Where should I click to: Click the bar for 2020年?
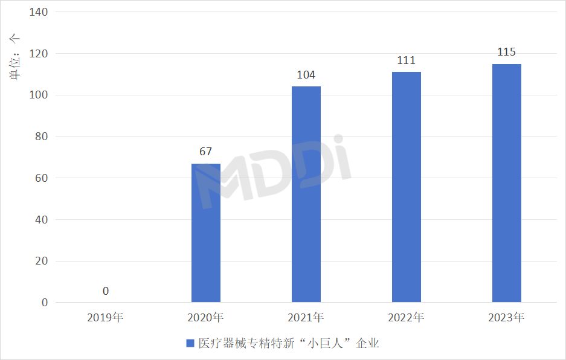[206, 233]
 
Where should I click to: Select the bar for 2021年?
[306, 194]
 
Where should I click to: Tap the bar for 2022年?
[407, 187]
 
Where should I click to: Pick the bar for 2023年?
[507, 183]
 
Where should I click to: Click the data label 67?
[206, 152]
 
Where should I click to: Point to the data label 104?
[306, 75]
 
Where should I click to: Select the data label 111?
[407, 60]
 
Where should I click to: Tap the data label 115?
[507, 52]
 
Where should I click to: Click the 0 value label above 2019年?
[106, 291]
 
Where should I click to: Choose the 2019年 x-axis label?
[106, 317]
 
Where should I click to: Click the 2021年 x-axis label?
[306, 317]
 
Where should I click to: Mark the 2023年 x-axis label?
[507, 317]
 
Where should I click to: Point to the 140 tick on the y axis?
[39, 12]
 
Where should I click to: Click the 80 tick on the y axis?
[42, 137]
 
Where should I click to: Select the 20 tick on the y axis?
[42, 261]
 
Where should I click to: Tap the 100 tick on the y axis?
[39, 95]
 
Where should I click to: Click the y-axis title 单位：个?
[14, 57]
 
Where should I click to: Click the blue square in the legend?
[190, 343]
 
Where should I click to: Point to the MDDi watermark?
[275, 172]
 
